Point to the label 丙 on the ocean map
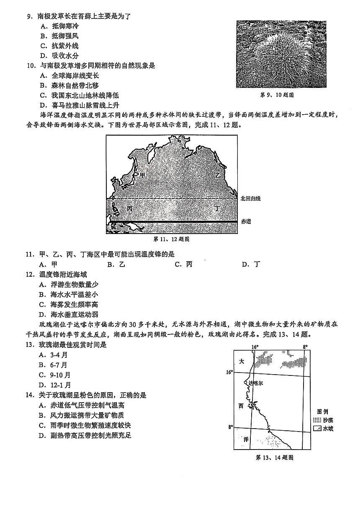click(x=130, y=208)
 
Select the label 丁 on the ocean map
click(x=216, y=208)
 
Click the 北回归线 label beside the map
click(x=250, y=198)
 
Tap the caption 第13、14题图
click(x=274, y=457)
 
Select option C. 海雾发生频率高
click(x=69, y=305)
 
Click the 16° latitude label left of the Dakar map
click(x=229, y=372)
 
